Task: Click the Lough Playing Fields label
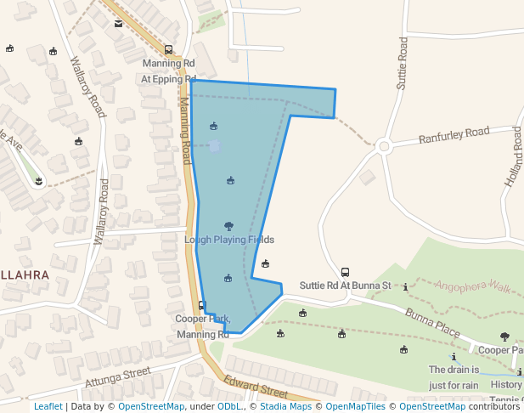pos(229,240)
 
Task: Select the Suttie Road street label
pos(403,64)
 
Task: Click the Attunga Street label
pos(117,376)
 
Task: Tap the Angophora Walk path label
pos(473,286)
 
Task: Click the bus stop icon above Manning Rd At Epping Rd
pos(168,50)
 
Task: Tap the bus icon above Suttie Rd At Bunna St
pos(345,272)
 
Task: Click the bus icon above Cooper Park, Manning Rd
pos(201,305)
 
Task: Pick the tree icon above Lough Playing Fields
pos(228,226)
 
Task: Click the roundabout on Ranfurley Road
pos(384,146)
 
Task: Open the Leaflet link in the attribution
pos(48,406)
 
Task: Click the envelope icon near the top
pos(118,23)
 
